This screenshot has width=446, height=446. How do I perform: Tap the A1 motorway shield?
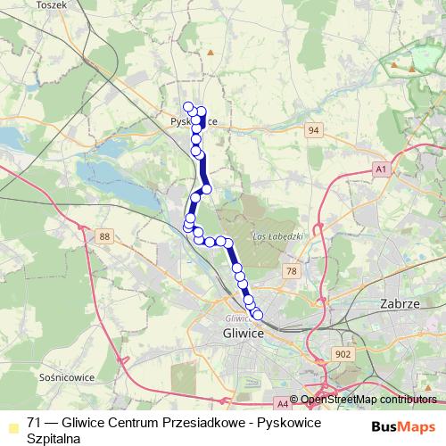point(381,169)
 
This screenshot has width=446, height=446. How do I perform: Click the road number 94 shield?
point(311,131)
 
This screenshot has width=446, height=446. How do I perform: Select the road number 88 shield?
point(105,235)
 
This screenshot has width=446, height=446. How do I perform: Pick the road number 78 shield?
point(291,270)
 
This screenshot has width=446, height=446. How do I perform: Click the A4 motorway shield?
point(282,403)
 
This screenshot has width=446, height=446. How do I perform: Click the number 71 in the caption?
point(35,422)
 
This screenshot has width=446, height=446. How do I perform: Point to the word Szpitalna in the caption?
point(54,438)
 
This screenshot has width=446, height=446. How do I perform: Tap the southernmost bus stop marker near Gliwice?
point(259,314)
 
